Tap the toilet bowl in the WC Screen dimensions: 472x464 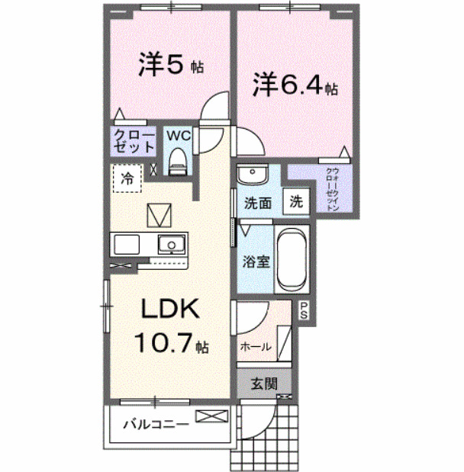coord(177,161)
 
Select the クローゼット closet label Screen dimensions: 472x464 coord(134,141)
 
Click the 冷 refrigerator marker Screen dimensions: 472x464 coord(128,179)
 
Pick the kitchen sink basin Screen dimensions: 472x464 coord(171,245)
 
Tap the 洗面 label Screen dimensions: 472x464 coord(258,204)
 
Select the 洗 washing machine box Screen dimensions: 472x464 coord(296,203)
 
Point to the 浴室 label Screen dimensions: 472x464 coord(257,262)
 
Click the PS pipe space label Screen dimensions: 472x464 coord(303,310)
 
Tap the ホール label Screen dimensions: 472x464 coord(256,346)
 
